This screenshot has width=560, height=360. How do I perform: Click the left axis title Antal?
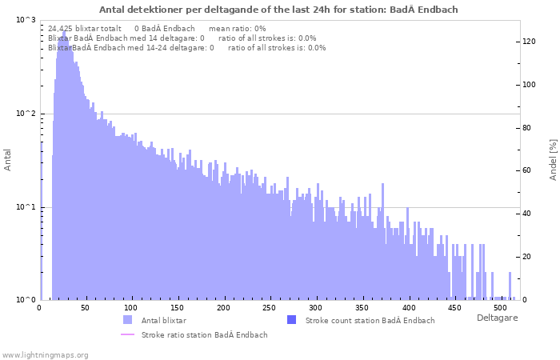coord(8,159)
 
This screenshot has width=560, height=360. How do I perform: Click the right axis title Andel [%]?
coord(552,159)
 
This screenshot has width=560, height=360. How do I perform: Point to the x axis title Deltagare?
coord(497,318)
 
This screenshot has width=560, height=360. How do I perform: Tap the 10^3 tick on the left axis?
coord(26,20)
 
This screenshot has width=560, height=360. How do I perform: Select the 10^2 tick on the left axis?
coord(26,114)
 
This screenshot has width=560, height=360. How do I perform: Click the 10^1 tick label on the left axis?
coord(26,207)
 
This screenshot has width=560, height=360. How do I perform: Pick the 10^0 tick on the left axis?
coord(26,300)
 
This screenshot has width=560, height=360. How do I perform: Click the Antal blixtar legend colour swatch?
coord(128,320)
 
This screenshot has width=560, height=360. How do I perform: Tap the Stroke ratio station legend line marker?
coord(128,334)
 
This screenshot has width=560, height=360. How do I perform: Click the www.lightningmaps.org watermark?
coord(45,354)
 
